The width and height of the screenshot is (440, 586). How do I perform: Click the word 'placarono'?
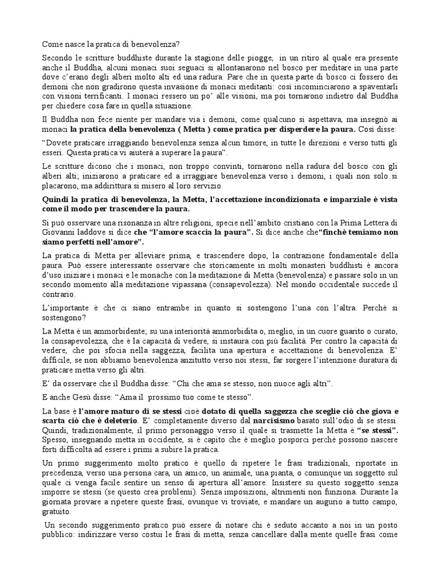(x=58, y=187)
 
